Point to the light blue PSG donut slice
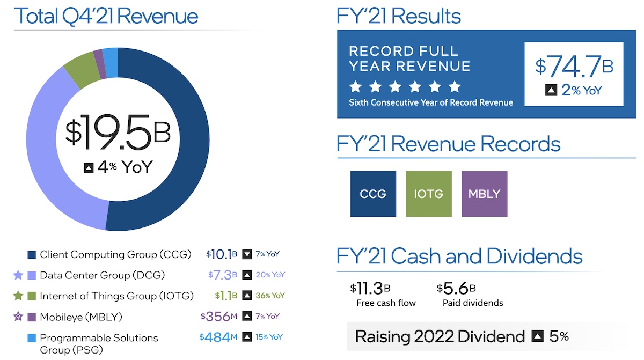point(111,56)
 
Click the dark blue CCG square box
point(373,194)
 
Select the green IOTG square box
point(429,194)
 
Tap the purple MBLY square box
point(484,194)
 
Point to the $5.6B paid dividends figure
point(456,289)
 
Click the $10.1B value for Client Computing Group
point(221,254)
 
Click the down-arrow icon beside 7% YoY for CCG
point(247,254)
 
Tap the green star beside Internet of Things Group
point(18,296)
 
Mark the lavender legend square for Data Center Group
point(32,275)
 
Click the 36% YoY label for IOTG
point(270,296)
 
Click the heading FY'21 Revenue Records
point(448,144)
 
